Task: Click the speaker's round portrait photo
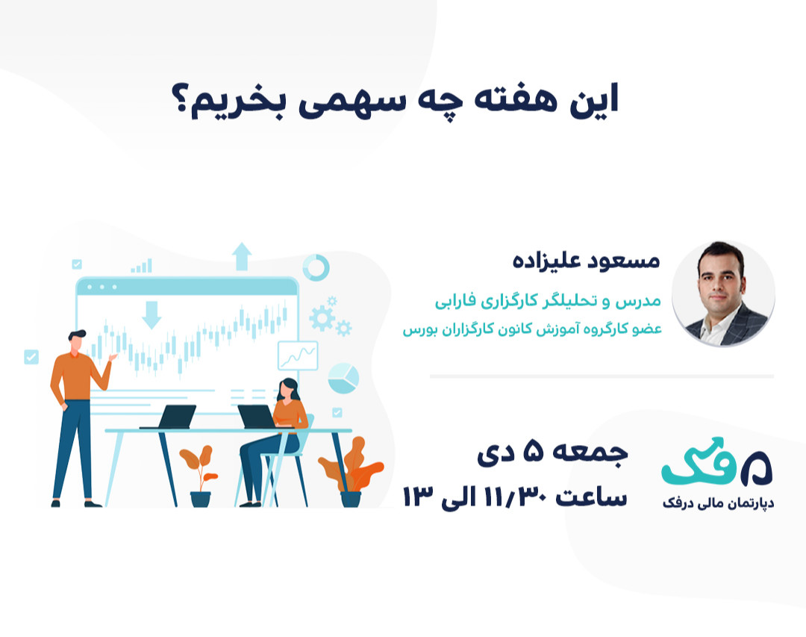[722, 293]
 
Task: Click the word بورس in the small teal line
[418, 329]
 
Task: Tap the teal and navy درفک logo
[716, 464]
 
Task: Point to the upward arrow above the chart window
[241, 256]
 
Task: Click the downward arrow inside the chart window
[151, 314]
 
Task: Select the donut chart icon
[316, 267]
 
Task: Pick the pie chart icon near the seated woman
[343, 377]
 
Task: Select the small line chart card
[297, 355]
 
